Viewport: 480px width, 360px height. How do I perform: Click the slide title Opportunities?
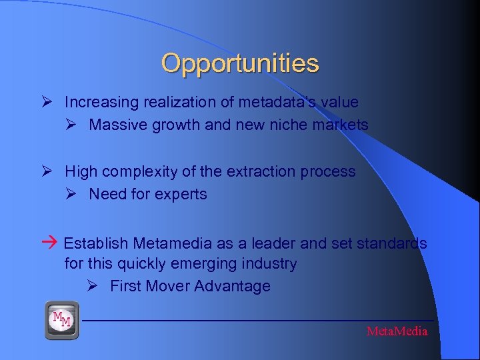pos(240,64)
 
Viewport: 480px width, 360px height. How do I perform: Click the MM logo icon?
pos(62,321)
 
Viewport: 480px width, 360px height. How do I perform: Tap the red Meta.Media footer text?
pos(397,331)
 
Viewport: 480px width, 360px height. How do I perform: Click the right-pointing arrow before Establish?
pos(53,243)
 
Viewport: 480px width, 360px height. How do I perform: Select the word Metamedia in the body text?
pos(173,243)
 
